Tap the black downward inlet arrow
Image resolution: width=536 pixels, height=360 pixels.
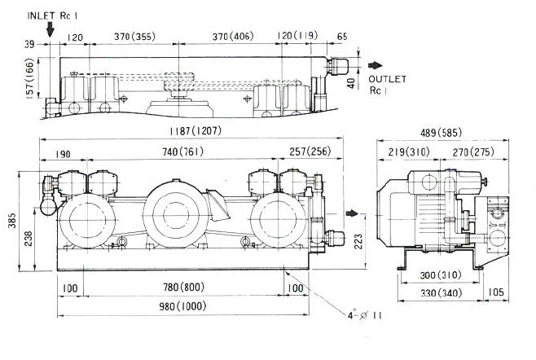pos(51,30)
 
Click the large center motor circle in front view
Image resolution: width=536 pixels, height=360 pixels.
pos(174,213)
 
